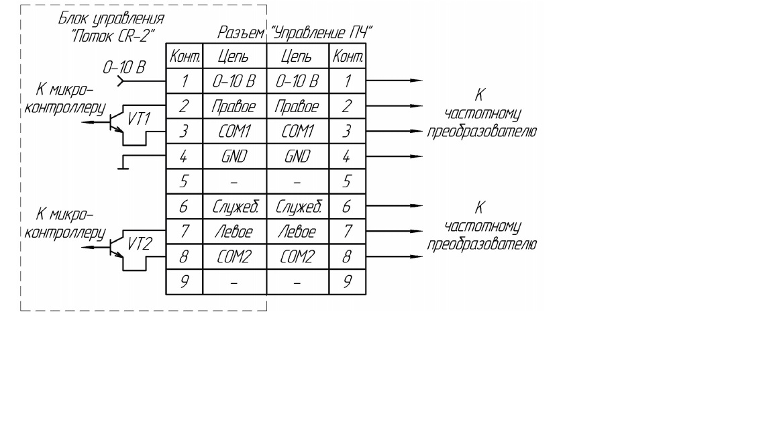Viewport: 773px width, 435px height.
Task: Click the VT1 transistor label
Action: [x=139, y=119]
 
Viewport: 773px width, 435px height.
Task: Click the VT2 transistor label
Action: [x=140, y=244]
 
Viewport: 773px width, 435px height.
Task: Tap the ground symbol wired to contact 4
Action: [x=123, y=162]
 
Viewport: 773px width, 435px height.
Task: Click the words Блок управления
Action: [x=111, y=19]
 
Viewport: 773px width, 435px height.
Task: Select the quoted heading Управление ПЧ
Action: [x=321, y=33]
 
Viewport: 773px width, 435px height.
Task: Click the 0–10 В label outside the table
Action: [x=123, y=67]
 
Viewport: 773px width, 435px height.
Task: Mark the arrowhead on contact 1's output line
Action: [x=417, y=81]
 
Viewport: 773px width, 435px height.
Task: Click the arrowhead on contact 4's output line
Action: [x=417, y=156]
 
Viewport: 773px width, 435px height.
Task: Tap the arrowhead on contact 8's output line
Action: [x=417, y=256]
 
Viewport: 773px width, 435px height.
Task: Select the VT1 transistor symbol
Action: [x=116, y=122]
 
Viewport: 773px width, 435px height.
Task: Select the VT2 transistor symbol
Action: [x=116, y=246]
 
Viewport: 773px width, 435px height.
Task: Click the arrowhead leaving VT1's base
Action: [x=87, y=122]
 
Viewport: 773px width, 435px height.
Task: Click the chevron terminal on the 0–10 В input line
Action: [x=121, y=81]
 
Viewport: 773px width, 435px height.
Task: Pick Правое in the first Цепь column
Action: [x=234, y=107]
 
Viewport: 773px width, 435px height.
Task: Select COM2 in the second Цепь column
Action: [x=297, y=256]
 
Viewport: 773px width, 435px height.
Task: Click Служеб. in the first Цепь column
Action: [x=235, y=207]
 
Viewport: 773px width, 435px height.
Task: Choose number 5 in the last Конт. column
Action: [x=347, y=181]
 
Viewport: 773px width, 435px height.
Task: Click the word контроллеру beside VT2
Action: [x=65, y=233]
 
